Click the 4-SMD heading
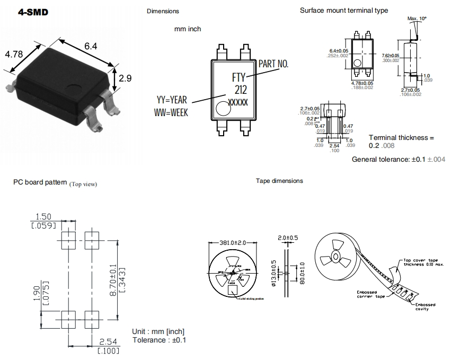[33, 12]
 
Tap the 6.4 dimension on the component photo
[91, 47]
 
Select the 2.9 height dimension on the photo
[125, 78]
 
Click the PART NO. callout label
[273, 64]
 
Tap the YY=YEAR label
[173, 100]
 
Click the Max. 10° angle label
[417, 19]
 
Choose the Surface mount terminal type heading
[344, 11]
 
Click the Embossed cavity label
[425, 307]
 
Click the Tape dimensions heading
[279, 181]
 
